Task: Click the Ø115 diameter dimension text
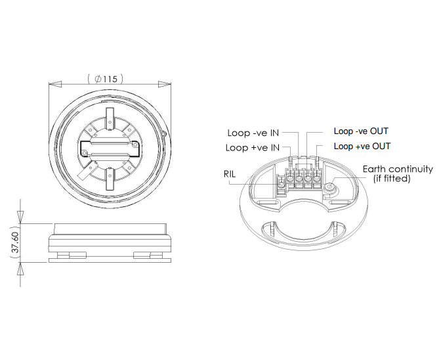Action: [x=106, y=79]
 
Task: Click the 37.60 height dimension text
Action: [x=16, y=242]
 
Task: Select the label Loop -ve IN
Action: [x=253, y=133]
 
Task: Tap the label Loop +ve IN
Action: [x=253, y=148]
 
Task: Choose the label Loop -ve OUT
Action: [x=361, y=131]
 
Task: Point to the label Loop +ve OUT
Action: [x=362, y=146]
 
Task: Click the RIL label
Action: [x=230, y=174]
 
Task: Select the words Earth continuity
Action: [x=398, y=169]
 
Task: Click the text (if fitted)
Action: [x=392, y=178]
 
